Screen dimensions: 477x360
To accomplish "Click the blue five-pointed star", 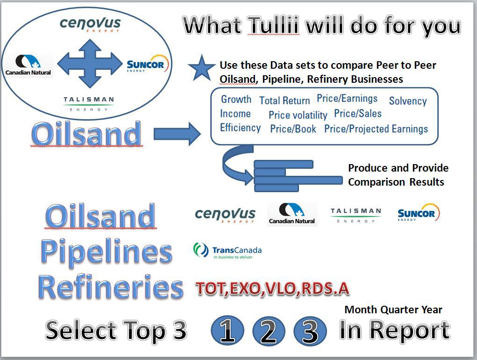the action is [x=201, y=68].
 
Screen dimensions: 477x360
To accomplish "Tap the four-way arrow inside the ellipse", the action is [x=90, y=64].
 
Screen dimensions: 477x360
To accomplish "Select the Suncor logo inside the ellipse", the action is [x=148, y=64].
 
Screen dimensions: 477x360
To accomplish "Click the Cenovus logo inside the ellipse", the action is [x=90, y=24].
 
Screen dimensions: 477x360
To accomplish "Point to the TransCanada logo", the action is [x=227, y=251].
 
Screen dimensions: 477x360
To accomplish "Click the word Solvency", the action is [x=408, y=101].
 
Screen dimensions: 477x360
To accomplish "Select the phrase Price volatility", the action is [x=298, y=115].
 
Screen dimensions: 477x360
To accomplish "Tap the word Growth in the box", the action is [x=236, y=99].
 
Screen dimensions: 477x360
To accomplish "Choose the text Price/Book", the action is [x=293, y=129].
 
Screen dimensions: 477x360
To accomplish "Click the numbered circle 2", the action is [x=269, y=331].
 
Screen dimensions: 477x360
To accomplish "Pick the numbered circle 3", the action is [x=310, y=331].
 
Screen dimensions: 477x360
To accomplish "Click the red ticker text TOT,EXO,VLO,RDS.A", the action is [x=272, y=288].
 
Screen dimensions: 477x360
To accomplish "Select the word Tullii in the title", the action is [x=273, y=25].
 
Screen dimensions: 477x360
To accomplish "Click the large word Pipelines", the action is [x=107, y=252].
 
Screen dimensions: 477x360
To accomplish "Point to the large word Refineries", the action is [x=111, y=287].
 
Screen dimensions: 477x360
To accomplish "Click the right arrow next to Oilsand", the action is [x=177, y=134].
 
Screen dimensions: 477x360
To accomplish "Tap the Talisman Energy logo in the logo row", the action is [x=356, y=215].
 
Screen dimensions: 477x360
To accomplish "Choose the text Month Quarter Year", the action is [x=393, y=310].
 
